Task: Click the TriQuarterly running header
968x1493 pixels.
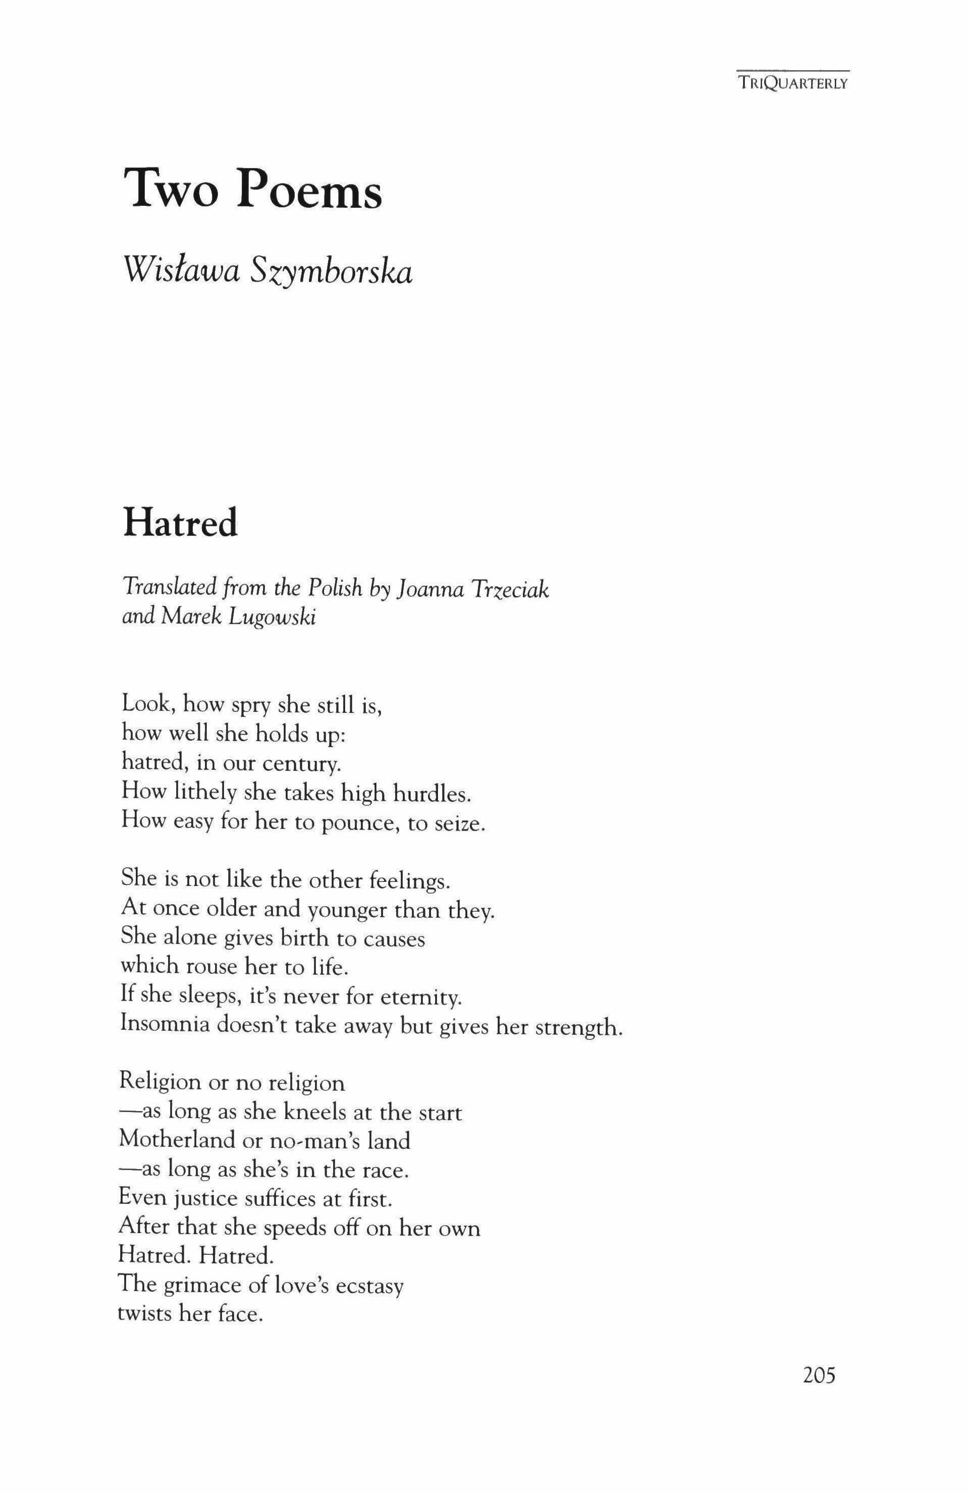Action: (x=793, y=83)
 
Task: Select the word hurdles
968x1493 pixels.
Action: (x=431, y=794)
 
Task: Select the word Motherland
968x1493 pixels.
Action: (x=176, y=1139)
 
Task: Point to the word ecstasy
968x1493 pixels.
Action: (x=369, y=1285)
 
